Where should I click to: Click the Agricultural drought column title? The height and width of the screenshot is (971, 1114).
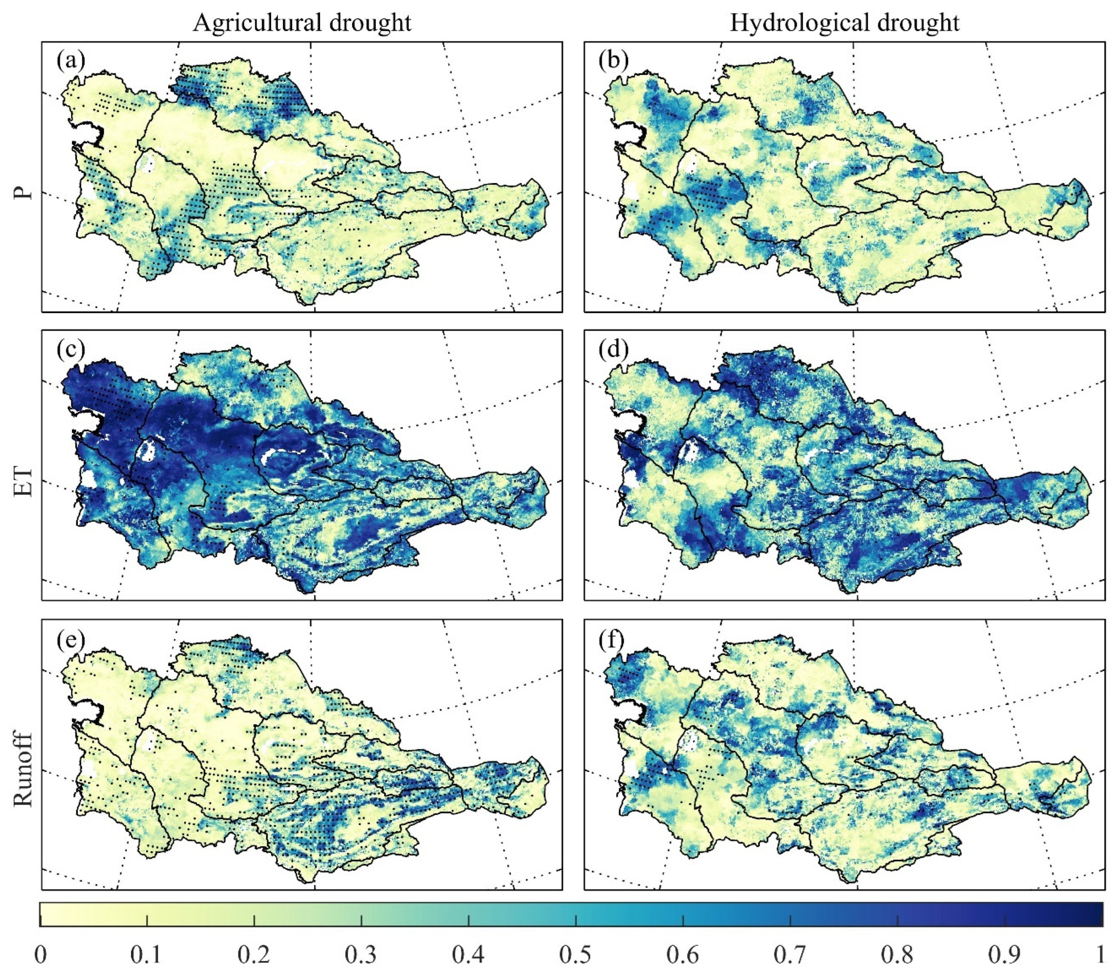tap(302, 23)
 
